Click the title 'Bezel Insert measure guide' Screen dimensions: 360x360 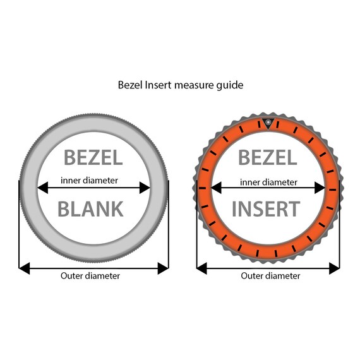click(x=181, y=85)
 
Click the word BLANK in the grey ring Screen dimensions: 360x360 click(x=91, y=209)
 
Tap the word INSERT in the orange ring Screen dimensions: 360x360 click(x=266, y=209)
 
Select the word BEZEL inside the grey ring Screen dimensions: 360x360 click(x=93, y=157)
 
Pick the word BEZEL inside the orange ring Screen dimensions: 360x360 click(x=268, y=157)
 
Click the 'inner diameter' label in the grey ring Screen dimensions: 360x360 click(x=89, y=181)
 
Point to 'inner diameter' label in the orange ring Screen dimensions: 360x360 click(x=268, y=183)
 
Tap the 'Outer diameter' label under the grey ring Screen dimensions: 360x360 click(x=90, y=276)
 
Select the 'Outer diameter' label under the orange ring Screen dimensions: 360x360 click(x=270, y=276)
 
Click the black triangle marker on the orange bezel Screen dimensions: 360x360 click(x=268, y=123)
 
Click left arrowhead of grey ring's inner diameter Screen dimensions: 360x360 click(x=43, y=188)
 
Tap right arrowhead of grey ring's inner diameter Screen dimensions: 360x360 click(x=145, y=188)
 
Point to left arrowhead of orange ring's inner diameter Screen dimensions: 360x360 click(x=216, y=188)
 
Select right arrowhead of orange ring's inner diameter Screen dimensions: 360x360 click(x=320, y=188)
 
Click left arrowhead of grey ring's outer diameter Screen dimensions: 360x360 click(x=25, y=268)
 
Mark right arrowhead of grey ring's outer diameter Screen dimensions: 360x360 click(x=163, y=268)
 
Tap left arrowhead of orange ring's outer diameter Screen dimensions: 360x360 click(x=202, y=268)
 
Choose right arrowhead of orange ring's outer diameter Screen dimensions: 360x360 click(x=334, y=268)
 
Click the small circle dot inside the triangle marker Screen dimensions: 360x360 click(x=268, y=122)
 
